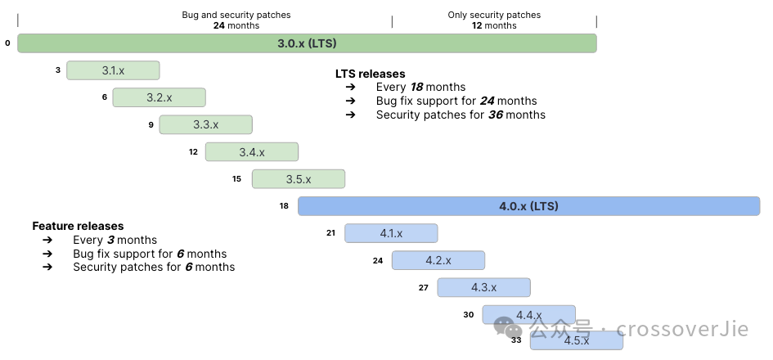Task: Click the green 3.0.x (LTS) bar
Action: (307, 43)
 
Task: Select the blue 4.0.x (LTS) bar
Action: (528, 206)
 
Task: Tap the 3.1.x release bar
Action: (113, 70)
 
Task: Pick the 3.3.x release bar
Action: (205, 124)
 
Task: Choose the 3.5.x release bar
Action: (299, 179)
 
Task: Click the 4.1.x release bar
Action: (391, 233)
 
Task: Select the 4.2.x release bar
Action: (438, 260)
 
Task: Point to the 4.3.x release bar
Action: (483, 287)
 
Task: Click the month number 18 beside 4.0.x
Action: (284, 206)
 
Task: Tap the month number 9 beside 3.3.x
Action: (151, 124)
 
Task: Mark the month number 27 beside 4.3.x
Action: (423, 287)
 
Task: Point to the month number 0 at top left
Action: (7, 43)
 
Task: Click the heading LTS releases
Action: (370, 74)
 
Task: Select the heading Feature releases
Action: (78, 226)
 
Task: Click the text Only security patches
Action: (494, 15)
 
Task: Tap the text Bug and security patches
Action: (236, 15)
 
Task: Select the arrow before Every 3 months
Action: (47, 240)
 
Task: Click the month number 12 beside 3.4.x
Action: (193, 151)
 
